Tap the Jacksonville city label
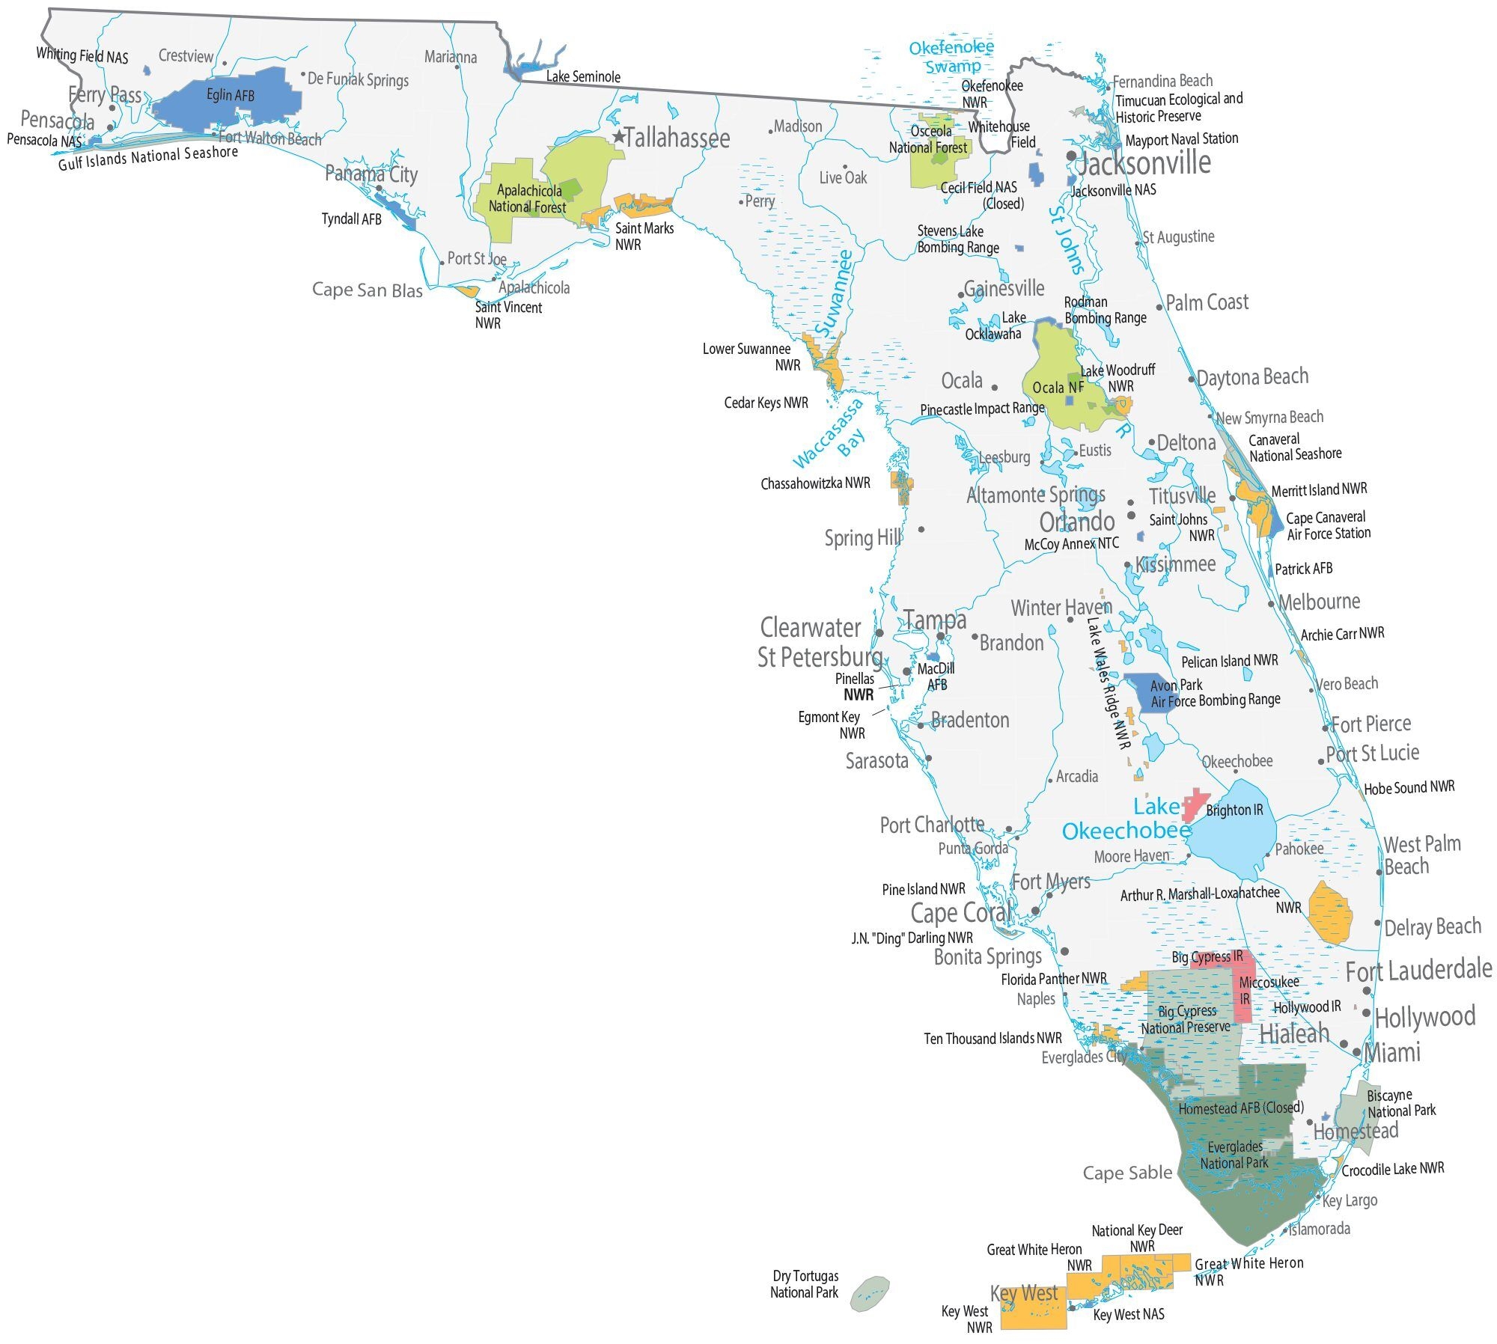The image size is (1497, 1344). [1143, 162]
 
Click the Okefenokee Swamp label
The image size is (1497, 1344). [951, 57]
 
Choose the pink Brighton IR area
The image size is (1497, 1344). [1195, 803]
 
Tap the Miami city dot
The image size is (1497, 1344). [1357, 1052]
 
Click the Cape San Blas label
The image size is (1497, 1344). [367, 290]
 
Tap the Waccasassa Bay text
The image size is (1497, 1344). [829, 434]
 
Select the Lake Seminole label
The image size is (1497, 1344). [583, 76]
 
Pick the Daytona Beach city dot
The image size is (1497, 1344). [1192, 379]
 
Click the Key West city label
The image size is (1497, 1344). [1023, 1293]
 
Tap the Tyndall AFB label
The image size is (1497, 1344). [351, 219]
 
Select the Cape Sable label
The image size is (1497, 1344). [1127, 1173]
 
